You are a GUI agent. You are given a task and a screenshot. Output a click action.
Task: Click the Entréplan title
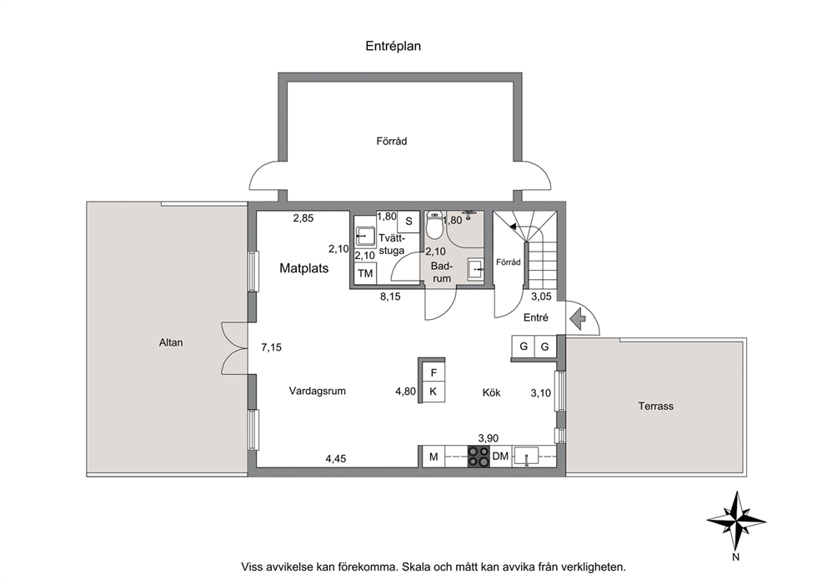393,47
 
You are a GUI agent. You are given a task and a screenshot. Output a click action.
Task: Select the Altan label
171,342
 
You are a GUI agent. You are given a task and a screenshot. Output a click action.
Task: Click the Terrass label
655,407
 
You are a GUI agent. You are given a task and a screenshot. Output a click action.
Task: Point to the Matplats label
303,268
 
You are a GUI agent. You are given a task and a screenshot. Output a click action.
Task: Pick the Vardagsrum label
317,391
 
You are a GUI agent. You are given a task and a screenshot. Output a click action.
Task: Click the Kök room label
492,392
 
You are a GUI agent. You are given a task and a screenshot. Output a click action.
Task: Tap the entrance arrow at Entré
578,319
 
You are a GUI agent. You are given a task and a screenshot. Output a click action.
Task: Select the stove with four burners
479,457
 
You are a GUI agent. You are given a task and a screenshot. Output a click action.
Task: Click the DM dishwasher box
500,457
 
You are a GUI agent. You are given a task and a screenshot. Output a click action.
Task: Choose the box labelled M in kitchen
434,457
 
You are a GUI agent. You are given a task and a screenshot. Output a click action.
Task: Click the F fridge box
434,372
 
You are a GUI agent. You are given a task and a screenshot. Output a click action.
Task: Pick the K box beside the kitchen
434,392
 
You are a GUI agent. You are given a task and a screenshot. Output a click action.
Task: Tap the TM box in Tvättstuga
365,273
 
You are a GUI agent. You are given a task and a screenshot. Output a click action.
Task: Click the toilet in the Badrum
434,226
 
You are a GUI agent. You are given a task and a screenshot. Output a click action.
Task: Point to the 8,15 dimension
390,297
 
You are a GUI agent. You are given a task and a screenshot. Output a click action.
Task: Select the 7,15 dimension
271,347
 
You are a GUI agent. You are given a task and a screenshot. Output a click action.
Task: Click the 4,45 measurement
335,459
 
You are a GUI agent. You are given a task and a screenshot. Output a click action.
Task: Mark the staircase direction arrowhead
513,226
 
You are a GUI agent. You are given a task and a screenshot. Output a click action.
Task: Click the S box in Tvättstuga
408,222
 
